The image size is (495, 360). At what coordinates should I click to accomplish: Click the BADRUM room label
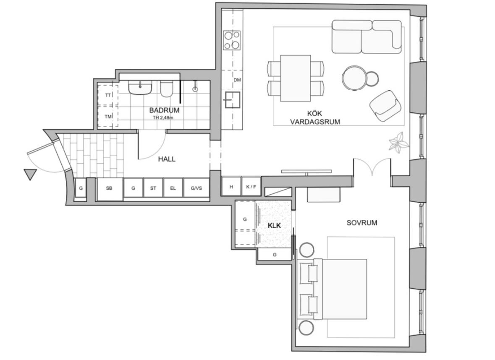(x=164, y=110)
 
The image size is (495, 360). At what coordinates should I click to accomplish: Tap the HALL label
(x=167, y=159)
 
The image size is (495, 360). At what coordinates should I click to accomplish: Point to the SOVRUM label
(x=362, y=223)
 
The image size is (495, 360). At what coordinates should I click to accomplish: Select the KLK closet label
(x=274, y=226)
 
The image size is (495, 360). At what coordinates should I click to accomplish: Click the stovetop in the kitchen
(x=232, y=40)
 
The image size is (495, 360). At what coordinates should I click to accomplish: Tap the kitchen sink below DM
(x=232, y=100)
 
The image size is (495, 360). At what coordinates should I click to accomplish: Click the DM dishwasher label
(x=237, y=80)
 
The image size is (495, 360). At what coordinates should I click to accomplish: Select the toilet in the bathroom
(x=166, y=89)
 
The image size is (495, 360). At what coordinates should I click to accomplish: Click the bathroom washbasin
(x=140, y=87)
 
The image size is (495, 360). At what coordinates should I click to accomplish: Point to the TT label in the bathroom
(x=108, y=95)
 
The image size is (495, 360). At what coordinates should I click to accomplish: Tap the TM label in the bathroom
(x=108, y=117)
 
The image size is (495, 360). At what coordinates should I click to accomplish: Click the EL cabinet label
(x=173, y=188)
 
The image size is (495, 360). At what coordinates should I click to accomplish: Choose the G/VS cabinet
(x=196, y=188)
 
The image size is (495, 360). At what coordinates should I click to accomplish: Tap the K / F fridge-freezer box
(x=251, y=186)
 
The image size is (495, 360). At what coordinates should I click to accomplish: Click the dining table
(x=296, y=78)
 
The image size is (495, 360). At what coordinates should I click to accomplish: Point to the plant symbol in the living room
(x=398, y=143)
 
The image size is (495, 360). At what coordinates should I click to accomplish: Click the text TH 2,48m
(x=163, y=118)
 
